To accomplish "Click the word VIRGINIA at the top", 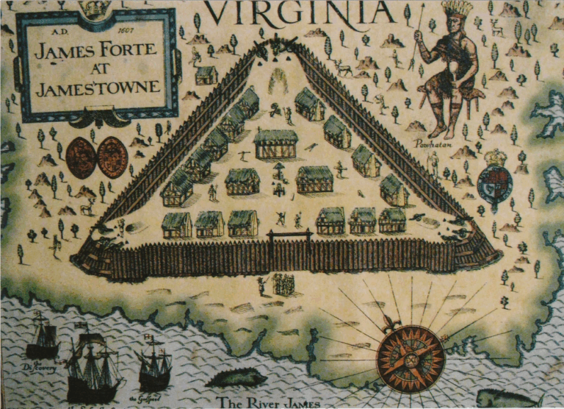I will coord(299,13).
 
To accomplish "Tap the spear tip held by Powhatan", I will coord(422,7).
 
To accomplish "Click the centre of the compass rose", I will coord(411,359).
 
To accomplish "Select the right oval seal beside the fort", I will coord(112,157).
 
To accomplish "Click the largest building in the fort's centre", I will coord(275,143).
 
